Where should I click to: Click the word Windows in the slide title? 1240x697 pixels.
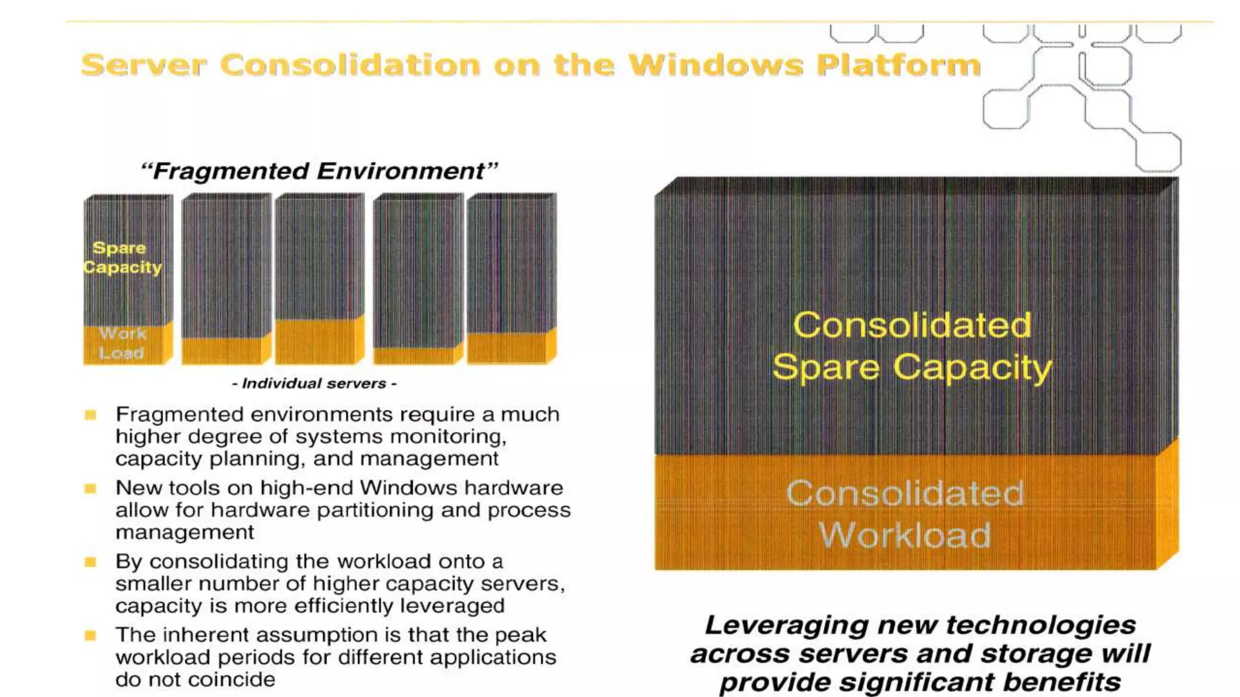point(716,65)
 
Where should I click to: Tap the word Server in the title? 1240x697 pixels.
point(143,65)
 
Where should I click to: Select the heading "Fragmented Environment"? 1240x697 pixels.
point(319,171)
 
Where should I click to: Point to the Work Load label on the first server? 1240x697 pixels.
point(122,344)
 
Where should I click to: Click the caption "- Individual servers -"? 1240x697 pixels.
point(314,384)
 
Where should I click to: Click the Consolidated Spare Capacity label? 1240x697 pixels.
point(912,346)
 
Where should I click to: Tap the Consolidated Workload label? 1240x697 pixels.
point(905,514)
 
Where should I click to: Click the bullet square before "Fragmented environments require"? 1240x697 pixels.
point(91,415)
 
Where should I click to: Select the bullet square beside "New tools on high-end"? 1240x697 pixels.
point(91,488)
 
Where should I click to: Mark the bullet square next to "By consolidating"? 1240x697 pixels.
point(91,562)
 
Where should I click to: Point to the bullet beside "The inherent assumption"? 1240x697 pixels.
point(91,635)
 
